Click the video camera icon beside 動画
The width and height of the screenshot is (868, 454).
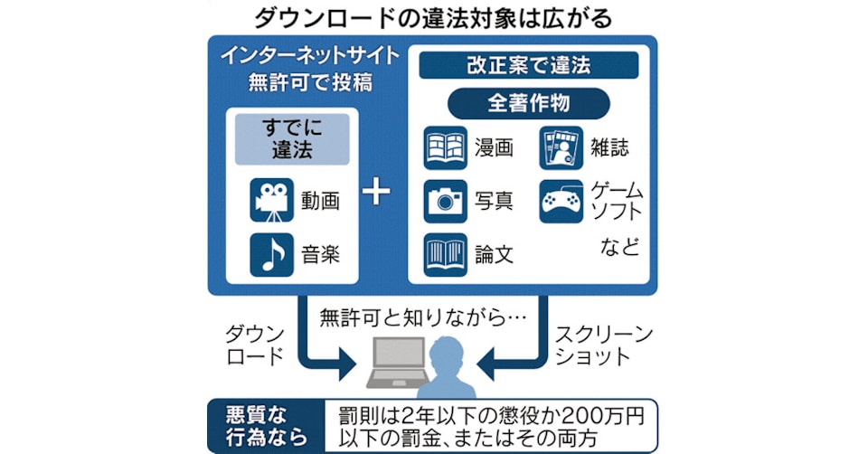[272, 201]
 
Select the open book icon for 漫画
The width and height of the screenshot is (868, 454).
[446, 148]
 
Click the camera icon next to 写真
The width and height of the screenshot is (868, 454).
[446, 201]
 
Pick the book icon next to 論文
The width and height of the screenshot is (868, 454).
[446, 253]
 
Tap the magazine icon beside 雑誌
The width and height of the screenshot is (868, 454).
[561, 148]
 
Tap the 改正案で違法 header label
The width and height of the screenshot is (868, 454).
[528, 65]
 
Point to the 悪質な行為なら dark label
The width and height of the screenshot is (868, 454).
[261, 426]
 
